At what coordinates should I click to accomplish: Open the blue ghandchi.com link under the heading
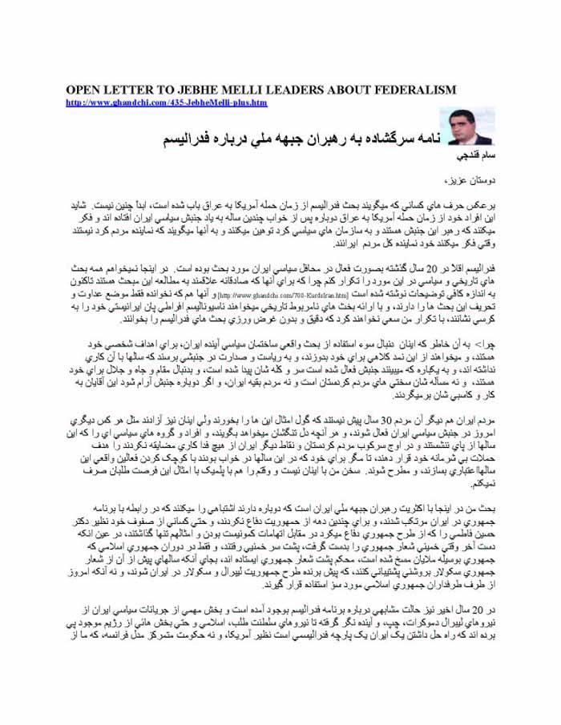[167, 103]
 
